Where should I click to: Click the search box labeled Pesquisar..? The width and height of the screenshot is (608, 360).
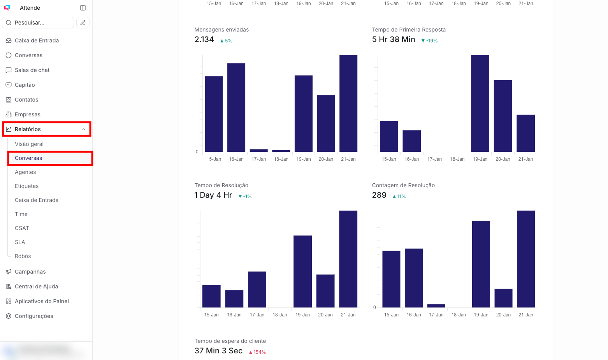point(38,23)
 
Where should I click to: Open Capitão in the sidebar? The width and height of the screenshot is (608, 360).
point(25,85)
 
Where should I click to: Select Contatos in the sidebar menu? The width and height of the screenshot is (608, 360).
point(26,100)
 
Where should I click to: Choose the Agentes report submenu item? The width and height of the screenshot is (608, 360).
point(25,172)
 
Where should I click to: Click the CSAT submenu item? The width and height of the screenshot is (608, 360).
point(22,228)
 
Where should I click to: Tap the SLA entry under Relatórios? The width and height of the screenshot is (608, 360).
point(20,242)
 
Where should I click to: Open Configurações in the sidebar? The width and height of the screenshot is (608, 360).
point(34,316)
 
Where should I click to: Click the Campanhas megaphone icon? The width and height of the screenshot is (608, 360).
point(9,272)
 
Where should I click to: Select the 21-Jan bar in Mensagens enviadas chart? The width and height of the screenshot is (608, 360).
point(348,103)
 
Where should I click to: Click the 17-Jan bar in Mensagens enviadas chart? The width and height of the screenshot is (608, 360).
point(259,150)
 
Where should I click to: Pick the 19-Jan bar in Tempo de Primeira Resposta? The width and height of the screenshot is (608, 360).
point(480,103)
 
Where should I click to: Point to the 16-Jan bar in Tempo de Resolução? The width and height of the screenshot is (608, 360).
point(234,299)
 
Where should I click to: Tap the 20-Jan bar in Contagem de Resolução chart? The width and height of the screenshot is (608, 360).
point(503,298)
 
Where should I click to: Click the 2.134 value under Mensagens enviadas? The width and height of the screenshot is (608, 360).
point(204,39)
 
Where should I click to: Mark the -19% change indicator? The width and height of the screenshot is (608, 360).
point(430,41)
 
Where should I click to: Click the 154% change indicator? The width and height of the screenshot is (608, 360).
point(257,352)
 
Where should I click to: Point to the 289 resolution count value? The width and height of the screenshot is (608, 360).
point(379,195)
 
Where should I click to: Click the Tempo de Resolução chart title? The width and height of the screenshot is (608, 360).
point(221,185)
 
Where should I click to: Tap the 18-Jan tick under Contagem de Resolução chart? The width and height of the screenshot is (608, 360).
point(459,315)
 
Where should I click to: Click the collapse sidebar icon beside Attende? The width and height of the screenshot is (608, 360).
point(83,8)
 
